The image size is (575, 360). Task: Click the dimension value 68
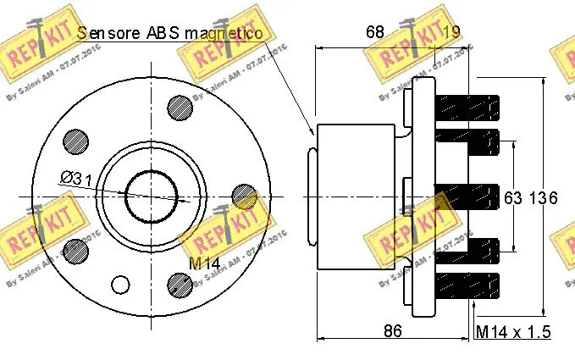[374, 32]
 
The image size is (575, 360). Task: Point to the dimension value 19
[451, 32]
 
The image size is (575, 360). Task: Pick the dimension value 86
[391, 331]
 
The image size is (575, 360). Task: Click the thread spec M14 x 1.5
[513, 331]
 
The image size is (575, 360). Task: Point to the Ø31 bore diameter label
[76, 179]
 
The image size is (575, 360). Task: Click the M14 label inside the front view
[204, 263]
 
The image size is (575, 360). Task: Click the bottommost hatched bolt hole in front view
[180, 284]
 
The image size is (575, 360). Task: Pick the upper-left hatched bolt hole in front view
[76, 140]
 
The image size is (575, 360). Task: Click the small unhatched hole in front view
[121, 284]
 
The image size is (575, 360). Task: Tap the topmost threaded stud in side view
[466, 108]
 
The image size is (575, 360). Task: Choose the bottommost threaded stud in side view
[466, 284]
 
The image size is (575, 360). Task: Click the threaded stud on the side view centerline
[466, 196]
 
